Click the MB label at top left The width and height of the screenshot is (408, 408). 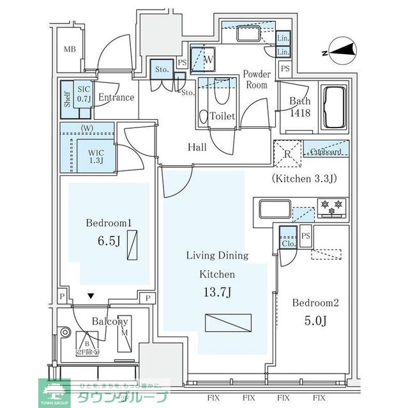point(69,50)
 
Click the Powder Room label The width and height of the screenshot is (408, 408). point(257,80)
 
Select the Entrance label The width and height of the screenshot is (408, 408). point(116,98)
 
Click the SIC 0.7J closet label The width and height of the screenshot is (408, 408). point(84,94)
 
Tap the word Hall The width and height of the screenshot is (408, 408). point(197,147)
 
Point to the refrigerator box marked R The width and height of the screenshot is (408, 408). point(287,154)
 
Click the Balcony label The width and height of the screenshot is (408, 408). point(109,322)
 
